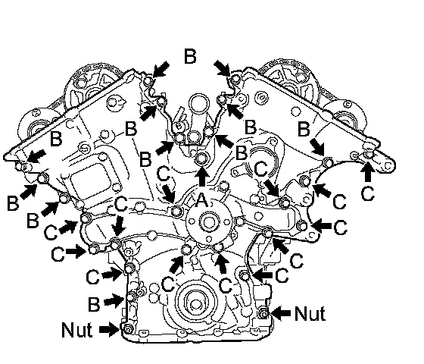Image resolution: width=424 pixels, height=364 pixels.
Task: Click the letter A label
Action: pyautogui.click(x=201, y=200)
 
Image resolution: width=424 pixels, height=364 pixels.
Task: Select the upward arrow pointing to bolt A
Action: pyautogui.click(x=203, y=176)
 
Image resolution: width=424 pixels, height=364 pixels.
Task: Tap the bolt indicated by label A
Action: pyautogui.click(x=201, y=158)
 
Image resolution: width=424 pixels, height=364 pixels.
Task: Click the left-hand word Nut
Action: pyautogui.click(x=77, y=330)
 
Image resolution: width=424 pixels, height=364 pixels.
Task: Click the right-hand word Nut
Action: pyautogui.click(x=310, y=314)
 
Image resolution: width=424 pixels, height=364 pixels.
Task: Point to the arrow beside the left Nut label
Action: pyautogui.click(x=109, y=329)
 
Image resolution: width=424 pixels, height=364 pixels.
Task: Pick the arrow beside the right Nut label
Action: pyautogui.click(x=281, y=313)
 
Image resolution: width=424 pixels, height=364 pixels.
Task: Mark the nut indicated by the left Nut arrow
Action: pyautogui.click(x=126, y=329)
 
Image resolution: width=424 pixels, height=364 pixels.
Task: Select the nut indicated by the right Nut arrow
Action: pyautogui.click(x=263, y=314)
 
